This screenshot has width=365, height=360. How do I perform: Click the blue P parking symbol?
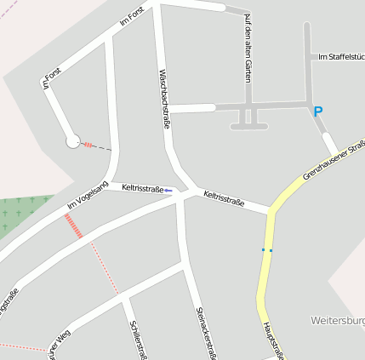tap(318, 111)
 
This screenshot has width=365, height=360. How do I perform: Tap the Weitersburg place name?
tap(339, 321)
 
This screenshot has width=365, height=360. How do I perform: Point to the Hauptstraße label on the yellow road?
tap(271, 340)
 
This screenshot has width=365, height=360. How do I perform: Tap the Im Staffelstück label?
tap(340, 56)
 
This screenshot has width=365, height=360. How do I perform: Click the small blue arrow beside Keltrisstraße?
tap(168, 191)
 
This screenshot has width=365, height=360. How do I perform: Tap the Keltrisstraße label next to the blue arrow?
tap(142, 187)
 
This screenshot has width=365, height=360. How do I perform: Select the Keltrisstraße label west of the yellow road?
tap(224, 199)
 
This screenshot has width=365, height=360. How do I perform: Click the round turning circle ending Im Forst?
tap(73, 141)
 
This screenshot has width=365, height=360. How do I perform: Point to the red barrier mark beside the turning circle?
tap(88, 145)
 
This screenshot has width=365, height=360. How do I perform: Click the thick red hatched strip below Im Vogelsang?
tap(74, 226)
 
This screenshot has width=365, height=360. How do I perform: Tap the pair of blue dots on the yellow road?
tap(267, 249)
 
